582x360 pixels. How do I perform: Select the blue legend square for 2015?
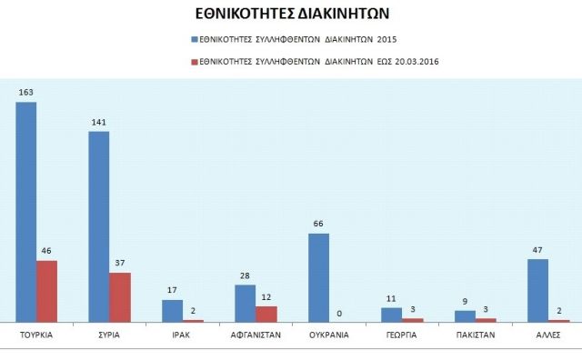(x=194, y=39)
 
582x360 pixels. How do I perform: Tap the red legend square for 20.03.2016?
(x=194, y=63)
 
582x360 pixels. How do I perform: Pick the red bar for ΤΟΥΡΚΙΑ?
(x=47, y=291)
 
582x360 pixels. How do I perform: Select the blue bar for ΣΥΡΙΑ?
(x=99, y=226)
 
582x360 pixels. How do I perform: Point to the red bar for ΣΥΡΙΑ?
(x=120, y=296)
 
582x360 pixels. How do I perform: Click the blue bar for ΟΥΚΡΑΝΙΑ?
(x=319, y=277)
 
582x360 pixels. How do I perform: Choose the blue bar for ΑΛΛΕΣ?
(x=538, y=290)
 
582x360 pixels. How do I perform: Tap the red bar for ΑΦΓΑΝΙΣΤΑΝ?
(x=266, y=314)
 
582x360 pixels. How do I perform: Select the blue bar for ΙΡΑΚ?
(x=173, y=310)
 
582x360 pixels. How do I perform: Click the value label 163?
(x=25, y=93)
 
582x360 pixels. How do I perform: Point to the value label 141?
(x=98, y=123)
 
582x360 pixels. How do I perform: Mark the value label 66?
(x=318, y=225)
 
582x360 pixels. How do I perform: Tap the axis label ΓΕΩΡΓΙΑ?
(x=401, y=335)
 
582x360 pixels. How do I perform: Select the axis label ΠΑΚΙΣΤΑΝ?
(x=475, y=335)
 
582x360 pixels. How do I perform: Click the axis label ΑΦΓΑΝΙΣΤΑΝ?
(x=256, y=335)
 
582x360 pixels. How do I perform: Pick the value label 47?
(x=537, y=250)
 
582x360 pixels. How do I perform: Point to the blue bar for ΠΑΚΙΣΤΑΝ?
(x=465, y=315)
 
